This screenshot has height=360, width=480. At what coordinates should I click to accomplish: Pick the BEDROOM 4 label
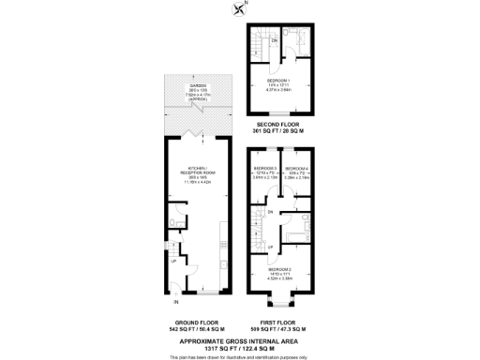coord(297,168)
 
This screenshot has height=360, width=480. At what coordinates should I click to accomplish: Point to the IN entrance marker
coord(175,302)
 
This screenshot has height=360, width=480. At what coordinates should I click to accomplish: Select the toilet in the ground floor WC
coord(174,222)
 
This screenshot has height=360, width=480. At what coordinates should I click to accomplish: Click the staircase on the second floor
coord(260,47)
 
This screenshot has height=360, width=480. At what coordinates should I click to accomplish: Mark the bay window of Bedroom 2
coord(277,300)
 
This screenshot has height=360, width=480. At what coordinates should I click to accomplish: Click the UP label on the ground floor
coord(174,261)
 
